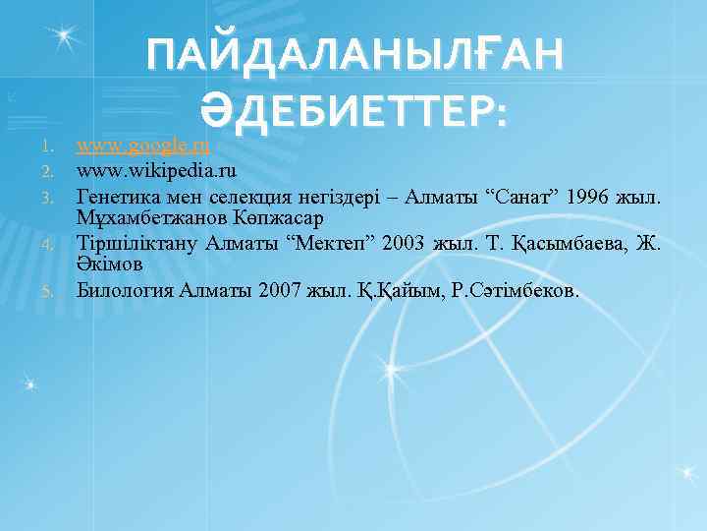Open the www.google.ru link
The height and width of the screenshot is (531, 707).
(x=143, y=147)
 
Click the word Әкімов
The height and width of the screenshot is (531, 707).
(x=111, y=265)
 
